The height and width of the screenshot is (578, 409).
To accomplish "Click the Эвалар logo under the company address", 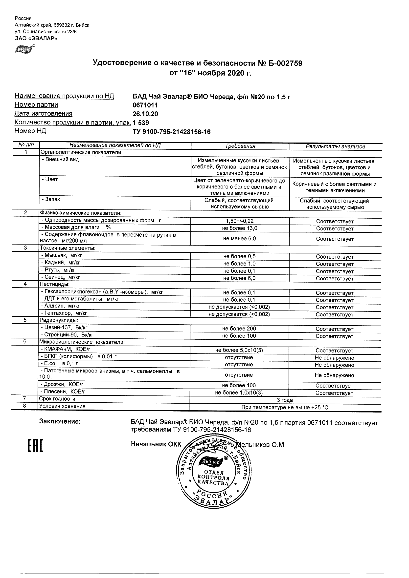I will pyautogui.click(x=25, y=49).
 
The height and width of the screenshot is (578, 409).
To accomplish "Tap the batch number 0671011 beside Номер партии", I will pyautogui.click(x=145, y=105).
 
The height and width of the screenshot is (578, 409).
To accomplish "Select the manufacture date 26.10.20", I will pyautogui.click(x=145, y=114).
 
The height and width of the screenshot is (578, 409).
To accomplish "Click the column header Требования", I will pyautogui.click(x=240, y=146).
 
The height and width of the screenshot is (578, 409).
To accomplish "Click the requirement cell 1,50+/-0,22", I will pyautogui.click(x=240, y=221).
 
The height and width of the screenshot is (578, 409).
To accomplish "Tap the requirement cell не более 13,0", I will pyautogui.click(x=240, y=228).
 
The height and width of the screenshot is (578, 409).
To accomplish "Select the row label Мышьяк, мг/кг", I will pyautogui.click(x=62, y=255).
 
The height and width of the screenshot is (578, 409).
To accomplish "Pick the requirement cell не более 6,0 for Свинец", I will pyautogui.click(x=239, y=278).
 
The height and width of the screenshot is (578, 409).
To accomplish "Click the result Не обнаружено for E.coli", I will pyautogui.click(x=334, y=365).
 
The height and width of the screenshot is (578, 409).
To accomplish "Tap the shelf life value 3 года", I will pyautogui.click(x=285, y=400).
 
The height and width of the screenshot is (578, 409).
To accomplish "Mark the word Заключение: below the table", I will pyautogui.click(x=60, y=422).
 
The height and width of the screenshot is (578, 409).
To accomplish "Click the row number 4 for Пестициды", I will pyautogui.click(x=25, y=284).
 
